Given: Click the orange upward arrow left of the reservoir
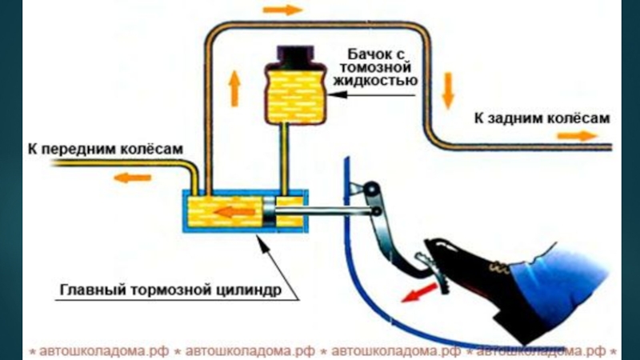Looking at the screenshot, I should [x=234, y=87].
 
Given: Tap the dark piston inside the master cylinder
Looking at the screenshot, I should [x=270, y=212].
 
